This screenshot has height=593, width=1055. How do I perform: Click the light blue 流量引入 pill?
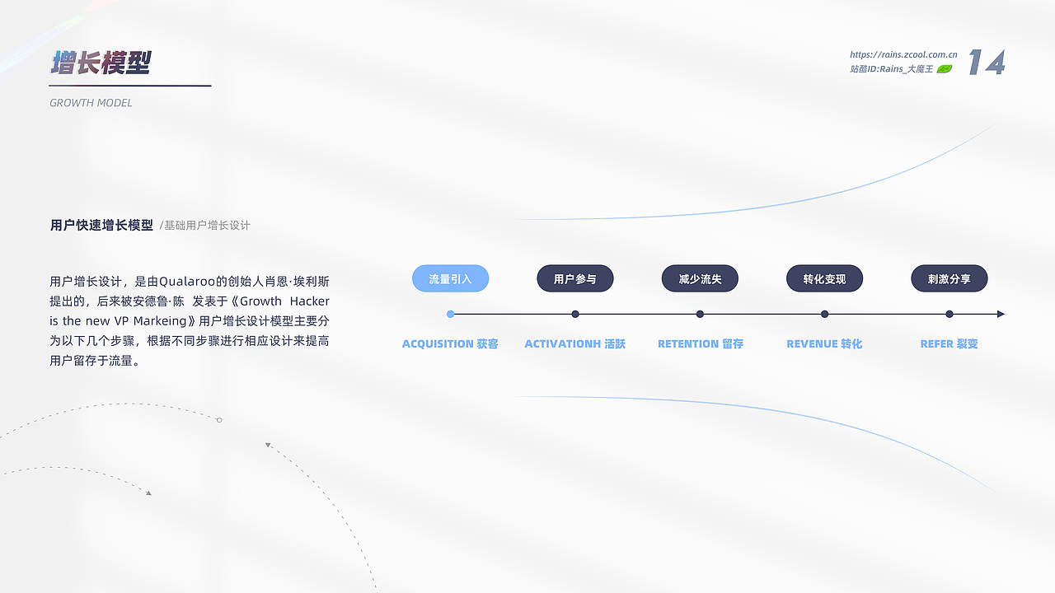pos(450,278)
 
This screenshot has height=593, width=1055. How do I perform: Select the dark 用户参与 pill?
pos(575,278)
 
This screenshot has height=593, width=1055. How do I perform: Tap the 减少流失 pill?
pos(700,278)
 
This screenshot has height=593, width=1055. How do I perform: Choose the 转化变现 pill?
pos(825,278)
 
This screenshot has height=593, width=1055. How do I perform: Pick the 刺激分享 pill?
pos(949,278)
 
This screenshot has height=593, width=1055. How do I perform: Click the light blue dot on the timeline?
pos(450,314)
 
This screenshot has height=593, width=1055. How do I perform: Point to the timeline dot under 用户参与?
pos(575,314)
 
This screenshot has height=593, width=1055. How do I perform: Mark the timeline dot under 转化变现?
pos(825,314)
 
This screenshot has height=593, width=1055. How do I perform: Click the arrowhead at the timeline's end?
pos(1001,314)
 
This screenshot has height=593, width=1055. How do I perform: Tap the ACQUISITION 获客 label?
pos(450,344)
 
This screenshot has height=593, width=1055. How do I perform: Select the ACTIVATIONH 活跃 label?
pos(575,344)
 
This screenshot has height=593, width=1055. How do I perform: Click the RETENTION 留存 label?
pos(701,344)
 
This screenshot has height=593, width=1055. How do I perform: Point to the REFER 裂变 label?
pos(949,344)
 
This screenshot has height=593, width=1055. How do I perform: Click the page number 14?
pos(987,62)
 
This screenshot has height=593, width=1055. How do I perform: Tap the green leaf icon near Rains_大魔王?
pos(945,69)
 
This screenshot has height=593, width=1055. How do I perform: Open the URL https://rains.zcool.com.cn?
pos(903,54)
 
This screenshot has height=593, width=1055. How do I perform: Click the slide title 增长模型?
pos(101,63)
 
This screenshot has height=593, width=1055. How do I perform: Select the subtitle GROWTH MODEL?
pos(91,103)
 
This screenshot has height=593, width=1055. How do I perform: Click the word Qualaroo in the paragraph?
pos(187,282)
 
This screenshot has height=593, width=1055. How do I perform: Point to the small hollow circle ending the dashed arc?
pos(219,420)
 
